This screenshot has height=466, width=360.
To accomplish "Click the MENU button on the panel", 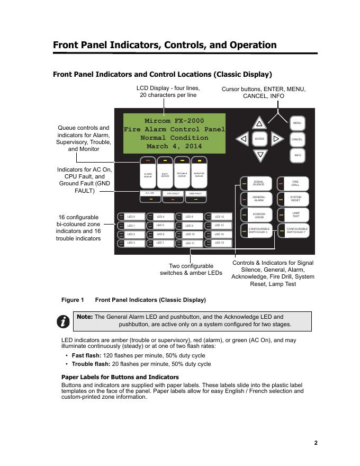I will click(x=297, y=123).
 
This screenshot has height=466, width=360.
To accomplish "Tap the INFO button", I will click(x=297, y=155).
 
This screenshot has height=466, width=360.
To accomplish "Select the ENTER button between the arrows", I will click(x=259, y=139).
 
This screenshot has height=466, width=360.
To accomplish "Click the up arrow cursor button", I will click(x=259, y=123).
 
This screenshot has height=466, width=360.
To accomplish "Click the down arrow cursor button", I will click(x=259, y=155).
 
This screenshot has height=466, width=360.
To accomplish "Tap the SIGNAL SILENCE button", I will click(x=257, y=183).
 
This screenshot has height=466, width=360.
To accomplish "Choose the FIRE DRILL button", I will click(x=294, y=183).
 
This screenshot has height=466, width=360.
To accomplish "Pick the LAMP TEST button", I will click(x=294, y=214).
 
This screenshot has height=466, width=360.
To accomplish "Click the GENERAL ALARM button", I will click(x=257, y=199).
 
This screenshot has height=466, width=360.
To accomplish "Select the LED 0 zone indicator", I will click(x=130, y=217).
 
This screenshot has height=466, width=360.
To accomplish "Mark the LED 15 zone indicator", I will click(x=218, y=243).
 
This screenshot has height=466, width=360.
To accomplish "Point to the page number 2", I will click(x=316, y=443).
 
